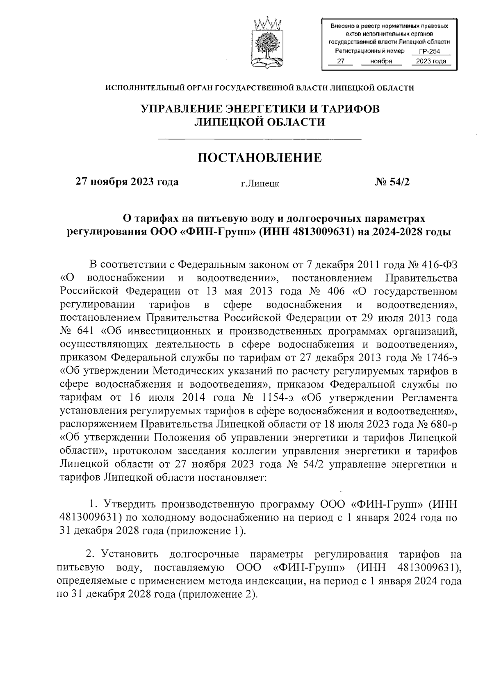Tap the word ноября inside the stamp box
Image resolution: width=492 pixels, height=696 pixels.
coord(381,61)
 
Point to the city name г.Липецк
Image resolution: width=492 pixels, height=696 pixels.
coord(260,184)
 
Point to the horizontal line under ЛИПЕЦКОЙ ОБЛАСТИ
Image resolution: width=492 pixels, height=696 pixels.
coord(260,140)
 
